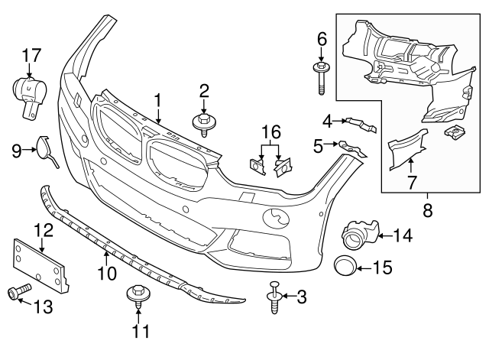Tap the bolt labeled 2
point(203,125)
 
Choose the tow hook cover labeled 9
point(45,148)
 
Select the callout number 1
point(158,100)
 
